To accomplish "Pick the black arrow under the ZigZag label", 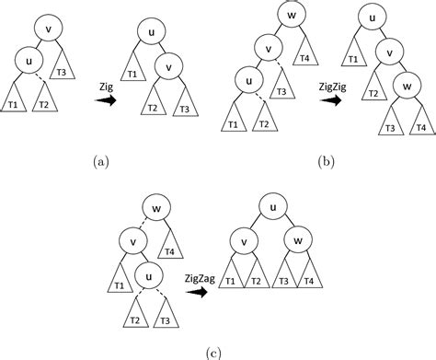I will pos(195,293).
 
